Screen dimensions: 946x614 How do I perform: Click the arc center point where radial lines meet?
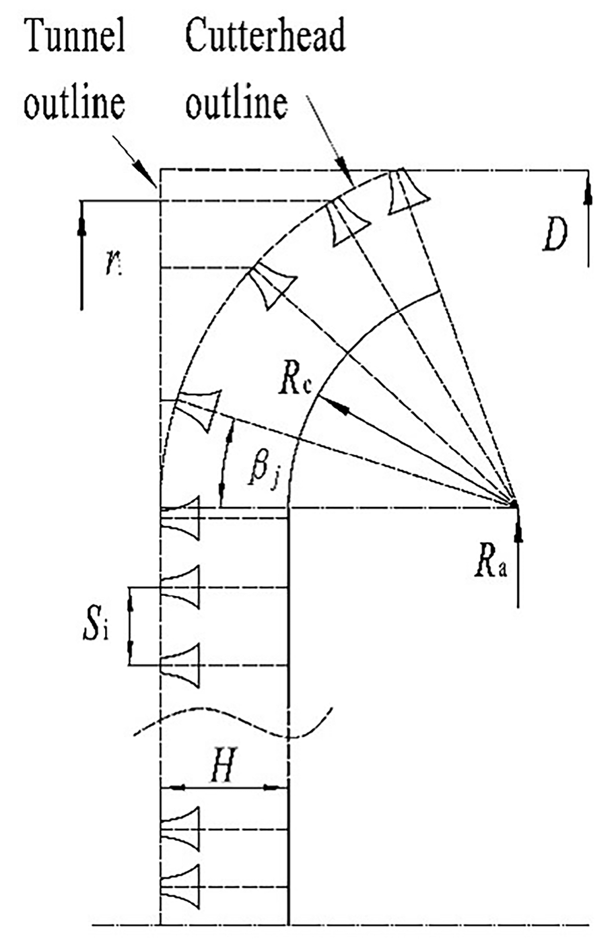(x=513, y=503)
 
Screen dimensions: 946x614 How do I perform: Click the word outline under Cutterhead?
(x=236, y=104)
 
